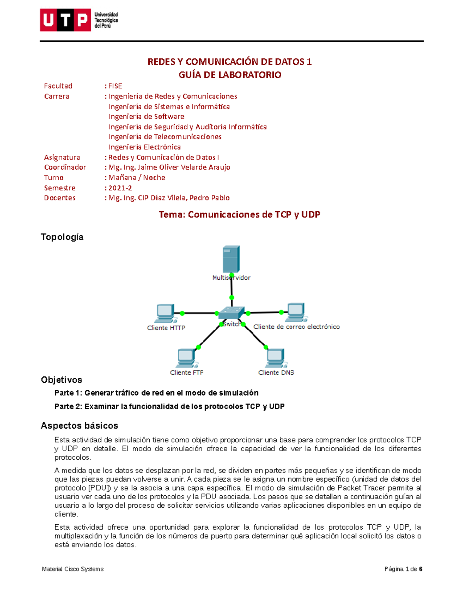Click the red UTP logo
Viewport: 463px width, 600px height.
[x=65, y=20]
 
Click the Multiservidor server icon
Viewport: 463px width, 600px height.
[x=231, y=259]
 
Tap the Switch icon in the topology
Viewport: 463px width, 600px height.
[x=231, y=313]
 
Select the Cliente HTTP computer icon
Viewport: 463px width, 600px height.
[x=166, y=313]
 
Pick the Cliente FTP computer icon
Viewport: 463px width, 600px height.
[x=187, y=358]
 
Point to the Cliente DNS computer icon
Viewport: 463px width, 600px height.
[x=275, y=358]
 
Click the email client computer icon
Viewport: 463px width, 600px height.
[x=296, y=312]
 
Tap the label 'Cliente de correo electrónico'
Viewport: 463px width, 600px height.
[x=296, y=327]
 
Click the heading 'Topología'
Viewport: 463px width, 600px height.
[x=62, y=237]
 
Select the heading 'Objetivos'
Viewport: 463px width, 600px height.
[x=61, y=380]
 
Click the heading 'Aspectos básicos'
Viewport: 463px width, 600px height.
[x=79, y=426]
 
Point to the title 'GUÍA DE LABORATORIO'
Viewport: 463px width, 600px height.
[x=230, y=75]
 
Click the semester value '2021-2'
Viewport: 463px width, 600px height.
[x=120, y=188]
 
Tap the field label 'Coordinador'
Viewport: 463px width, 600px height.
[x=65, y=167]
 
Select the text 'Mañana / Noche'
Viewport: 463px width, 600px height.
[x=137, y=178]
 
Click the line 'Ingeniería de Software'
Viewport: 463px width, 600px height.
[x=146, y=117]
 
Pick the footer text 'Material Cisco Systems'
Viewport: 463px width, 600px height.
[x=73, y=569]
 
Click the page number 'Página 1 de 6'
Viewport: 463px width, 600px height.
[x=403, y=569]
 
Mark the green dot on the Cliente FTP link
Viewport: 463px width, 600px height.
[x=199, y=347]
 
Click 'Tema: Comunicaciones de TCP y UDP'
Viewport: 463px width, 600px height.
[x=239, y=215]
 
